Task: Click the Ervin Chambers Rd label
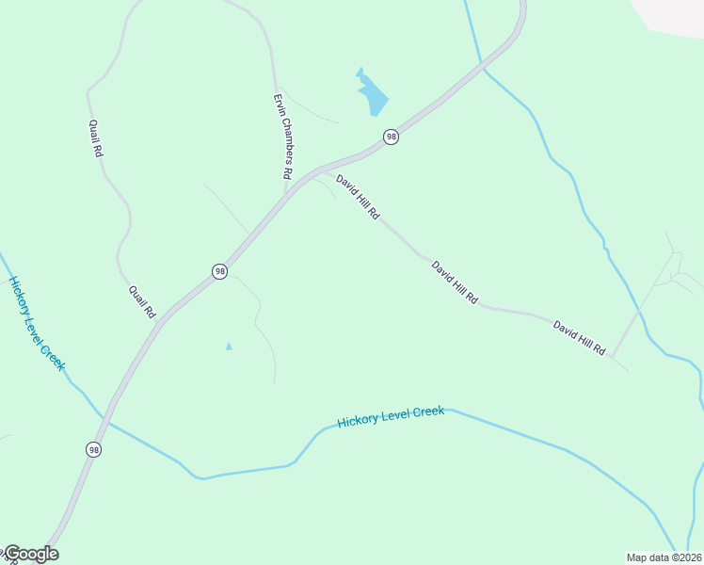pyautogui.click(x=283, y=137)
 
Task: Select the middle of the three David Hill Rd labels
pyautogui.click(x=455, y=282)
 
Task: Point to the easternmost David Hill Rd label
pyautogui.click(x=579, y=337)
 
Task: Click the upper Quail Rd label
pyautogui.click(x=95, y=137)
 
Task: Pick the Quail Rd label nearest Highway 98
pyautogui.click(x=142, y=301)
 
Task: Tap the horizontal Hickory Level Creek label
pyautogui.click(x=390, y=415)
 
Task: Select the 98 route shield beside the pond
pyautogui.click(x=391, y=137)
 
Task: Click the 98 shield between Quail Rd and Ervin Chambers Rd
pyautogui.click(x=219, y=271)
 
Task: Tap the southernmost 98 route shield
pyautogui.click(x=93, y=450)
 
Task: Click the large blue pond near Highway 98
pyautogui.click(x=374, y=94)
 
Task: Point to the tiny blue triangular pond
pyautogui.click(x=229, y=347)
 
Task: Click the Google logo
pyautogui.click(x=31, y=554)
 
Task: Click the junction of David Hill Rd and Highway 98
pyautogui.click(x=323, y=170)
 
